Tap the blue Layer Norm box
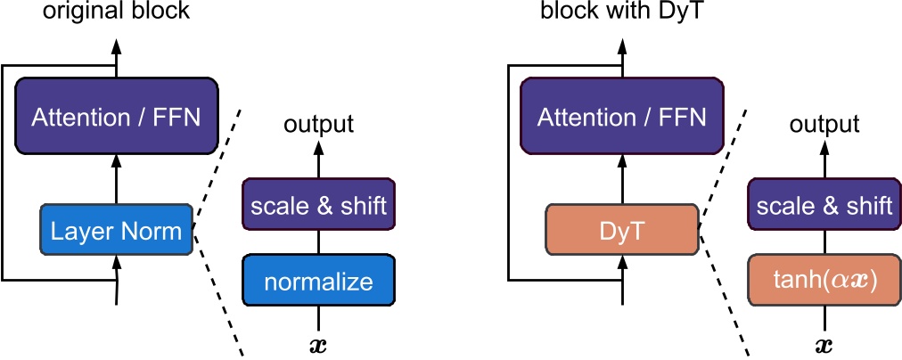pyautogui.click(x=116, y=231)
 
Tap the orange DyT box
pyautogui.click(x=620, y=231)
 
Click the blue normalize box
pyautogui.click(x=318, y=282)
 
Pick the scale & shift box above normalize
pyautogui.click(x=318, y=206)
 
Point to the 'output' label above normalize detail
pyautogui.click(x=318, y=124)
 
